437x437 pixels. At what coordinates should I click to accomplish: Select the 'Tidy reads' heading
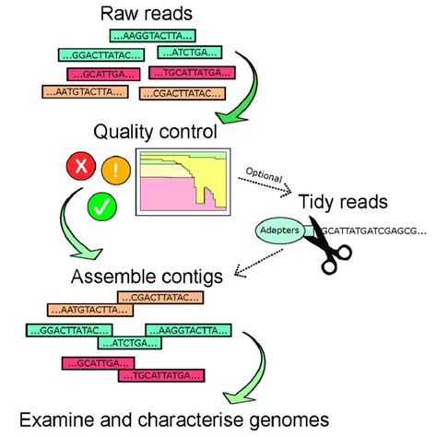tap(343, 200)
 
